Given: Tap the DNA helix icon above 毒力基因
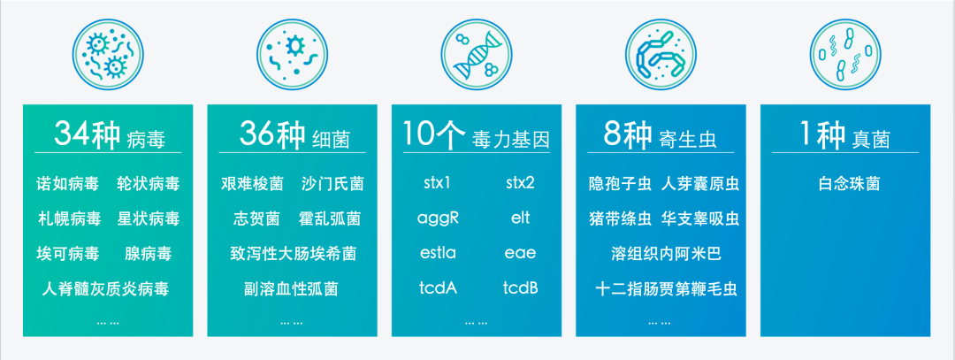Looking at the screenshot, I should tap(476, 54).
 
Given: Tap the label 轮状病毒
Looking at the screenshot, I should tap(148, 184).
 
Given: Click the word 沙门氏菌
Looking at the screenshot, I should tap(332, 184).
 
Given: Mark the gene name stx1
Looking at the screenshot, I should tap(437, 184).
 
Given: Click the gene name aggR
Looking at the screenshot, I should tap(437, 218).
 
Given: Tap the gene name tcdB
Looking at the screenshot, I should tap(520, 288).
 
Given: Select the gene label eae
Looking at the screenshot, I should tap(520, 254).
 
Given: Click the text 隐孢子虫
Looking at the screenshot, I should tap(620, 184).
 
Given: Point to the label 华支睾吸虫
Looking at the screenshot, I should tap(700, 218).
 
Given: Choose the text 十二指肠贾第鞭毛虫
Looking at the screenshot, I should tap(660, 288).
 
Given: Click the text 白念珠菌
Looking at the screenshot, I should tap(849, 184).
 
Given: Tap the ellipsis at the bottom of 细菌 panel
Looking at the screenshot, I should tap(291, 323).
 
